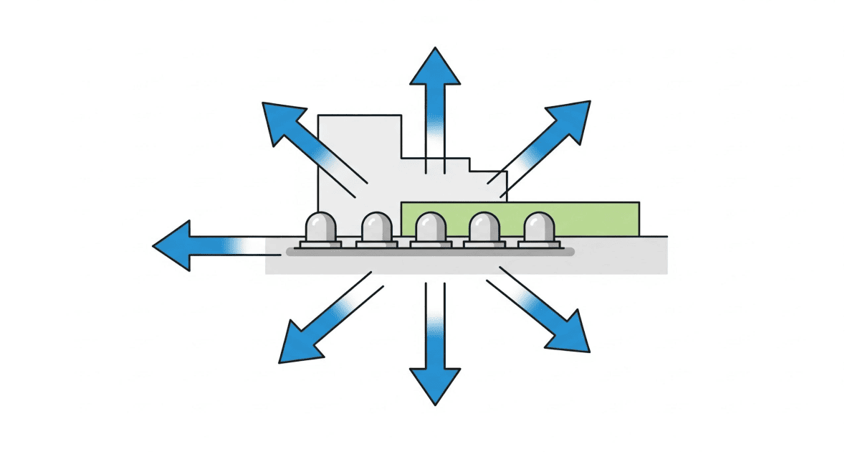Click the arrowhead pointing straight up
click(x=434, y=68)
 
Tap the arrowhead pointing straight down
click(x=434, y=384)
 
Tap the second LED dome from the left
click(x=377, y=228)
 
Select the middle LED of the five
click(x=431, y=228)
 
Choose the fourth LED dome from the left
click(x=484, y=228)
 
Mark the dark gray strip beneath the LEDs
click(x=430, y=253)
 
